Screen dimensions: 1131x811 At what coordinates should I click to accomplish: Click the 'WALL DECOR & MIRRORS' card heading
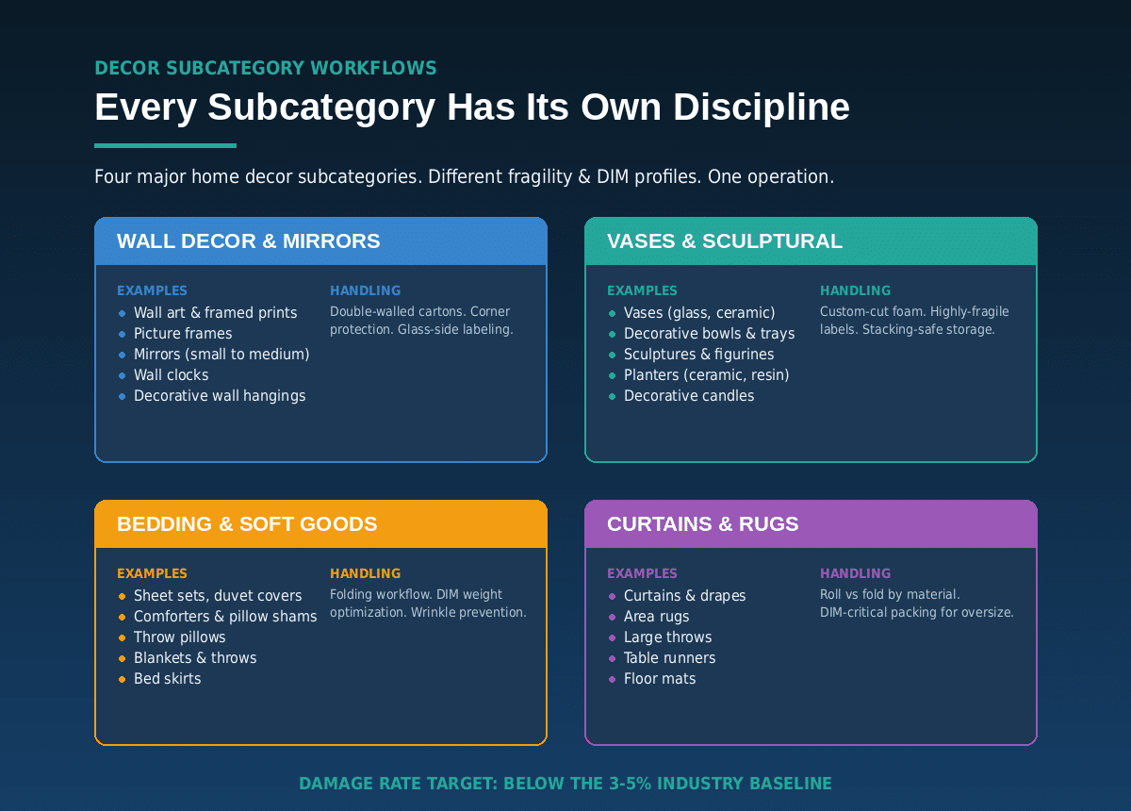tap(249, 241)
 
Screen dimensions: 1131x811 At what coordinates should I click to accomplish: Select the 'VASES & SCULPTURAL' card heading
tap(725, 241)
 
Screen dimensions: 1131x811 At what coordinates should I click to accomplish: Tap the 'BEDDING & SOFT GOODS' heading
tap(247, 524)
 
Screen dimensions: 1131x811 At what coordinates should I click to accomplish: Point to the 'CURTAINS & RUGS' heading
tap(703, 524)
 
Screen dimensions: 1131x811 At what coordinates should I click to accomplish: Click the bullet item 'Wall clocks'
tap(172, 375)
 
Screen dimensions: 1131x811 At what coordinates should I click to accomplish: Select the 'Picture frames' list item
tap(183, 334)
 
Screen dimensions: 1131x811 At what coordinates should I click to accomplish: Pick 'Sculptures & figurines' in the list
tap(698, 355)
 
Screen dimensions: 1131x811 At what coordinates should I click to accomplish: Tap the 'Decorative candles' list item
tap(689, 396)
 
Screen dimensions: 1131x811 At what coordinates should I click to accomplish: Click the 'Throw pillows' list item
tap(179, 637)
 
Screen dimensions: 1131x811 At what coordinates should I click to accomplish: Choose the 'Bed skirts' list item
tap(167, 679)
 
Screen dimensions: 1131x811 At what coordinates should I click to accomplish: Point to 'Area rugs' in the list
tap(656, 617)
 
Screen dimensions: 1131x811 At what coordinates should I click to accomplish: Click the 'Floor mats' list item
tap(660, 679)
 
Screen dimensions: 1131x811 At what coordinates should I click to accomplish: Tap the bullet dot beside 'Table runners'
tap(612, 658)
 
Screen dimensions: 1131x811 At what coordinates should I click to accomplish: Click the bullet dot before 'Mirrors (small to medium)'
tap(122, 355)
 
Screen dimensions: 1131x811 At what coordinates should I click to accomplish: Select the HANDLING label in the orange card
tap(365, 573)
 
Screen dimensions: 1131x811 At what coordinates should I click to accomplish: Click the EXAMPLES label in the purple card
tap(642, 573)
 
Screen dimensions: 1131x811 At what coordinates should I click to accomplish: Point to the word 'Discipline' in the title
tap(762, 108)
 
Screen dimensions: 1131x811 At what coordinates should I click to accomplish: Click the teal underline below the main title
tap(165, 145)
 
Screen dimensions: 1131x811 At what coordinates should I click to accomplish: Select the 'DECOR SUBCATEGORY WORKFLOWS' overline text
tap(266, 68)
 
